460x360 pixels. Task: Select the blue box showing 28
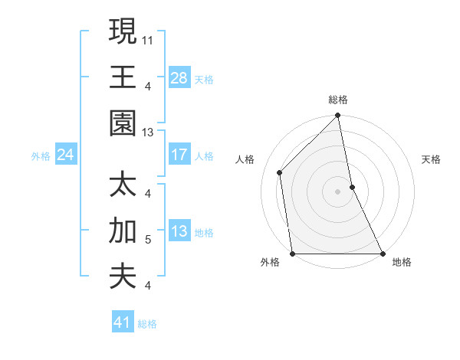tap(179, 78)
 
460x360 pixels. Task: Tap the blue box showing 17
tap(179, 155)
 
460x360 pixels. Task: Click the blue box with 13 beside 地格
tap(179, 232)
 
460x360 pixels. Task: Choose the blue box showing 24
tap(66, 155)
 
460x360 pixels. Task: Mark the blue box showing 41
tap(123, 322)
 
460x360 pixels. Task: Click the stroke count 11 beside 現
tap(147, 39)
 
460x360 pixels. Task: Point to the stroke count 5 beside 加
tap(147, 240)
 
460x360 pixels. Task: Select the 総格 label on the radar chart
tap(338, 100)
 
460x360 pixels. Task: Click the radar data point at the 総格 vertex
tap(338, 117)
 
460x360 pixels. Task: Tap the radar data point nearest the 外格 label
tap(292, 254)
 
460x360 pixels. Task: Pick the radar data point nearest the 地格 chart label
tap(383, 254)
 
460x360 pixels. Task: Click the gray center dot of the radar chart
tap(337, 191)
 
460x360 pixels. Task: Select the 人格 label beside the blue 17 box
tap(204, 155)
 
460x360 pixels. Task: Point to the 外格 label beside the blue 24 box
tap(41, 156)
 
